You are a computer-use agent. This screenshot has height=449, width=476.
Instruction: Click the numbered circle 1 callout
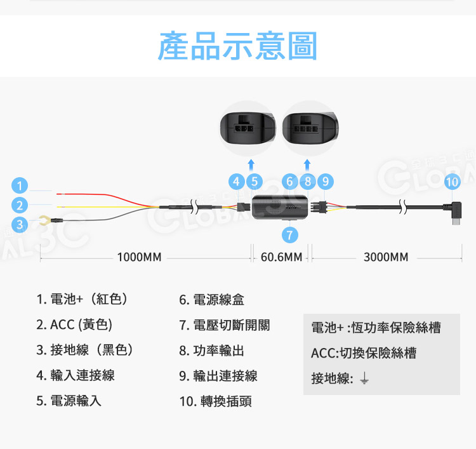21,186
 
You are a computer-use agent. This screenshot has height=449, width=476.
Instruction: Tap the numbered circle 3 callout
21,224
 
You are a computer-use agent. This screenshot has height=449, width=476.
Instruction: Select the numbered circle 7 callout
290,235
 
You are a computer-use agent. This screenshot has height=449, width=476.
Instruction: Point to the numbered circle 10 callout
452,181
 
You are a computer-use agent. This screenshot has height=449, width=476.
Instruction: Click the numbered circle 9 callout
325,181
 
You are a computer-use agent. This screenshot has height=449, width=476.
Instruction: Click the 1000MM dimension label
139,257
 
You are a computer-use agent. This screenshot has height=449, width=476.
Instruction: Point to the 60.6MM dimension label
281,257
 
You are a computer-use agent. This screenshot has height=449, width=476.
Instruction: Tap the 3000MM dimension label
386,257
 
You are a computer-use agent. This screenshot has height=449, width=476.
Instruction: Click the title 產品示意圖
237,46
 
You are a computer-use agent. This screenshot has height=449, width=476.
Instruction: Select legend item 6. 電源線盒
211,300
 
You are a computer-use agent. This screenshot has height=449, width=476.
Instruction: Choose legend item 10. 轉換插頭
215,401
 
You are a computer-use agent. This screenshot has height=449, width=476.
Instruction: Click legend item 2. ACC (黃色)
74,325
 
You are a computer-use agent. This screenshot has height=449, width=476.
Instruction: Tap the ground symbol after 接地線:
364,379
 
